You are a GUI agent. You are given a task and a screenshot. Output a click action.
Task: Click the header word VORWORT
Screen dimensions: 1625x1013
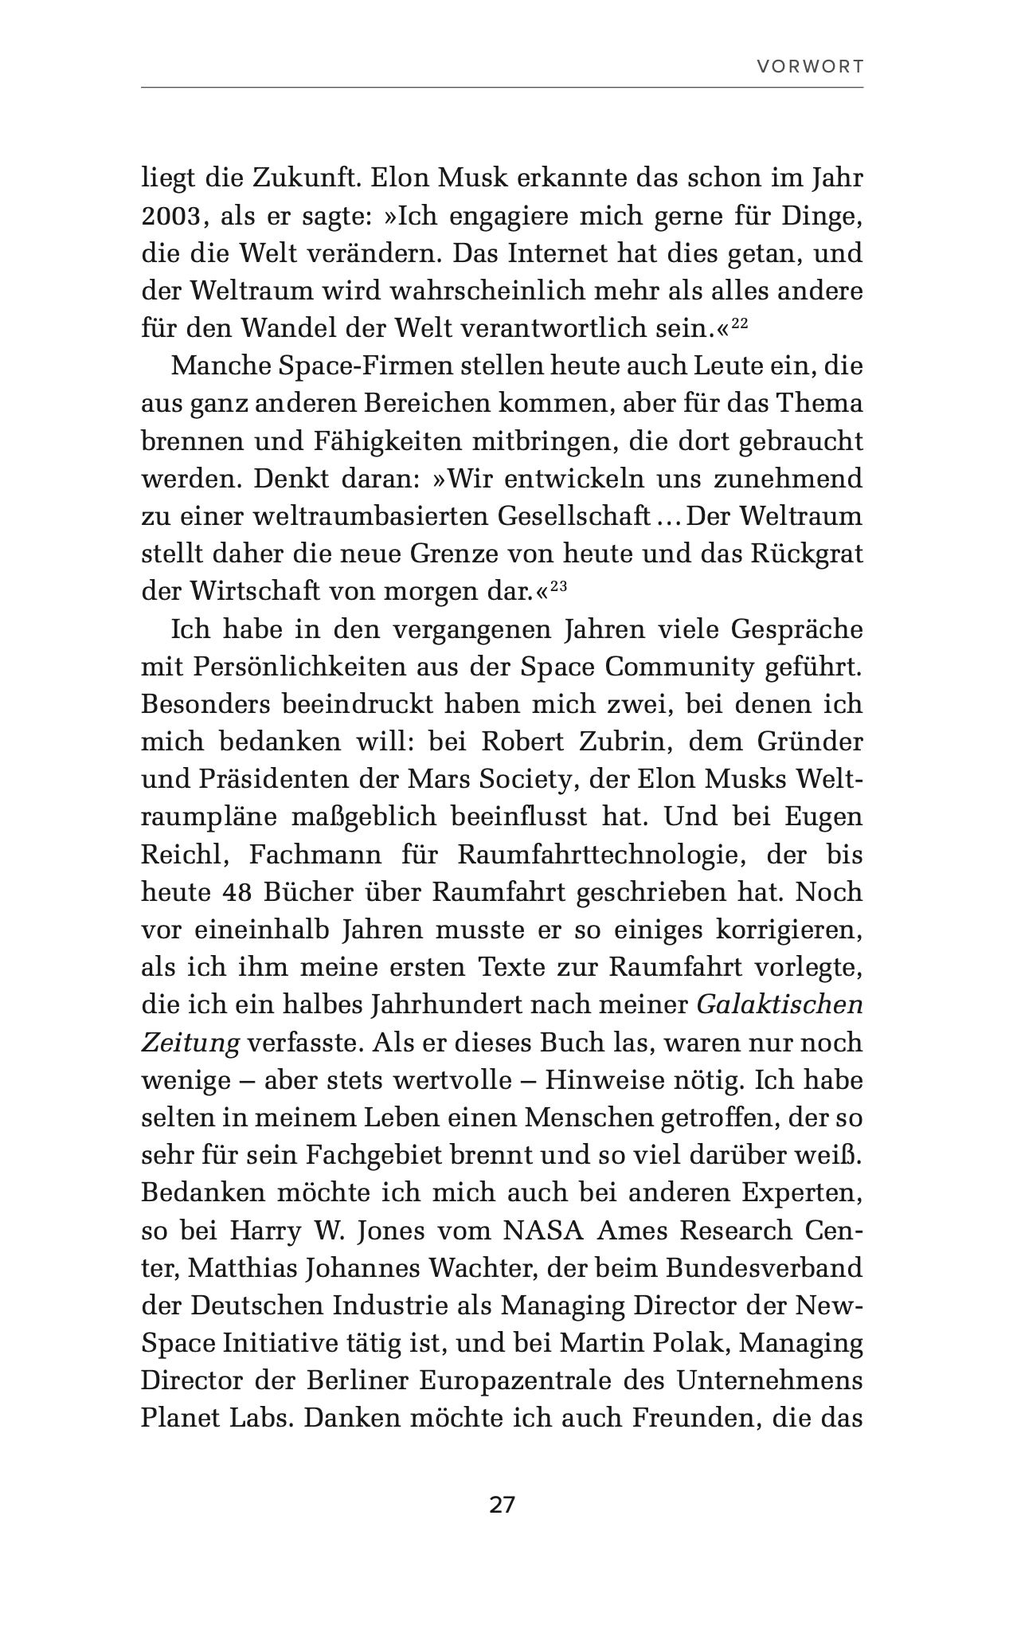810,67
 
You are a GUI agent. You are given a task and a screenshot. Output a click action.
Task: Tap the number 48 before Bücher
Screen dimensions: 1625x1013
235,892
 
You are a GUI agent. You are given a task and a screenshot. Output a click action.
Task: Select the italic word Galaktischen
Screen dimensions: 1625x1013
780,1005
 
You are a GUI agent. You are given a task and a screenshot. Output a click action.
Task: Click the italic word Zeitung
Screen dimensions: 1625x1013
190,1044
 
